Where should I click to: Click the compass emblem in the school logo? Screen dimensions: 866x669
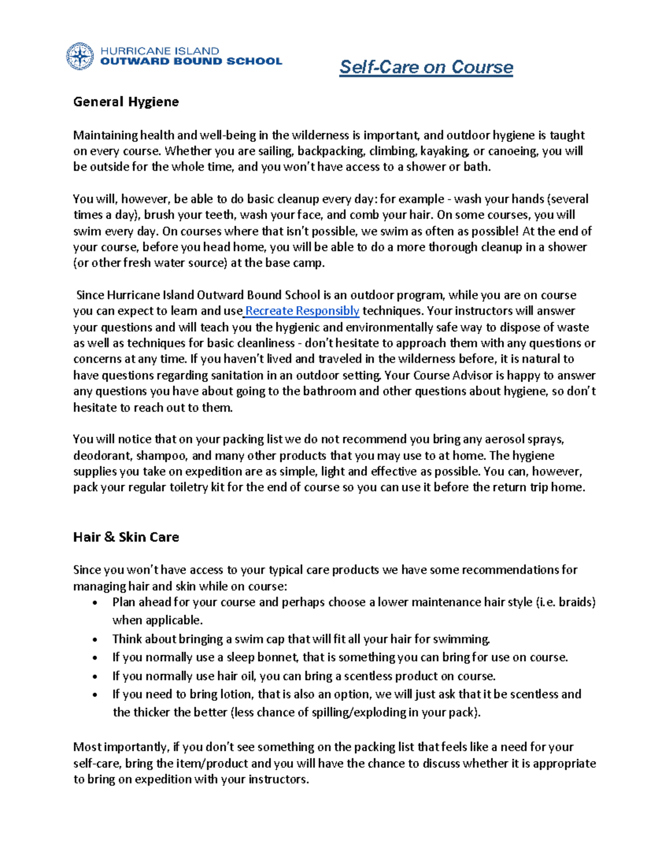click(x=80, y=56)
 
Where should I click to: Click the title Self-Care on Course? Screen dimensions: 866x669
click(x=426, y=67)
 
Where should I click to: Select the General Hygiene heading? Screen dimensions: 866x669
click(x=126, y=101)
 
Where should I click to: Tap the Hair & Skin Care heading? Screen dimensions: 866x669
click(x=126, y=537)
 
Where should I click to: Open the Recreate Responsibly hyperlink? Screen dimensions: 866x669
click(x=302, y=311)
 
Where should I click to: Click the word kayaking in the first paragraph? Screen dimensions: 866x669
click(x=444, y=151)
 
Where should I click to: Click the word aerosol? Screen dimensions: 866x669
click(x=499, y=439)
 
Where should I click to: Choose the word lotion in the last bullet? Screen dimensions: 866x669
click(x=236, y=694)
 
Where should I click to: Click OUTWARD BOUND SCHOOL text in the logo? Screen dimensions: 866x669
click(x=191, y=61)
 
